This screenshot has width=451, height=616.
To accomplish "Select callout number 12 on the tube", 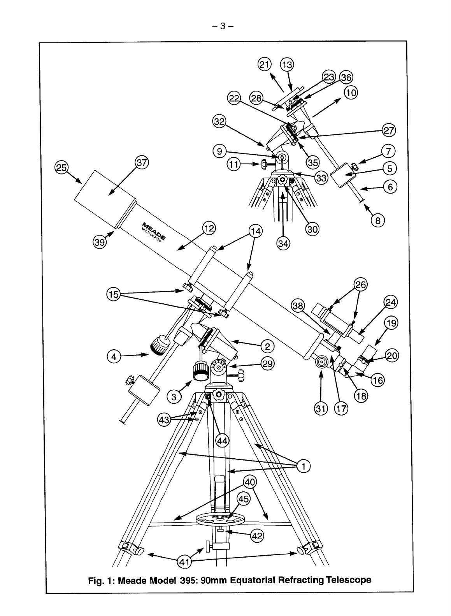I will click(209, 229).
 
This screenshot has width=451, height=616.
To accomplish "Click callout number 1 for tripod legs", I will click(304, 466).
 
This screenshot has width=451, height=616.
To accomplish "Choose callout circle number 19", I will click(391, 323).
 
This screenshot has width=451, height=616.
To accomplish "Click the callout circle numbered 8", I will click(377, 221).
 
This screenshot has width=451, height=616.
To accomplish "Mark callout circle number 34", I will click(283, 243).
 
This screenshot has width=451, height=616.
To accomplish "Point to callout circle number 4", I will click(113, 356).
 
